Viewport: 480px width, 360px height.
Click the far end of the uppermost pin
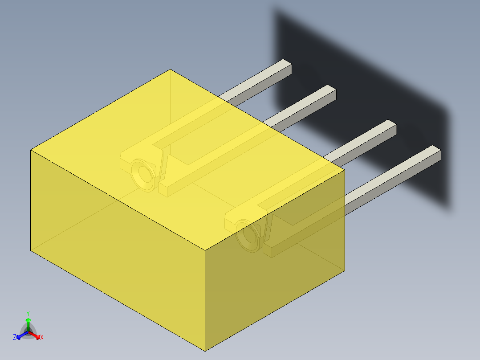click(x=287, y=67)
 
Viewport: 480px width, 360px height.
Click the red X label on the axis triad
click(x=42, y=338)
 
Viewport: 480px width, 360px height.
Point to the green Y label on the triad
click(x=28, y=313)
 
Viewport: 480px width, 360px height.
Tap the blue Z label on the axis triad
click(x=15, y=338)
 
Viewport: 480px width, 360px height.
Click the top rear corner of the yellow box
click(x=170, y=70)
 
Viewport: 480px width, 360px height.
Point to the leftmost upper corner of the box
click(x=31, y=150)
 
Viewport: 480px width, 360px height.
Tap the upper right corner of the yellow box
click(x=345, y=169)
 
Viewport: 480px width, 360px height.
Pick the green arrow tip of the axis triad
click(x=28, y=320)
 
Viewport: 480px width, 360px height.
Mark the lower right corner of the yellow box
click(x=345, y=270)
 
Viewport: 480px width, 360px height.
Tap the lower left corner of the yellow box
click(x=31, y=250)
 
